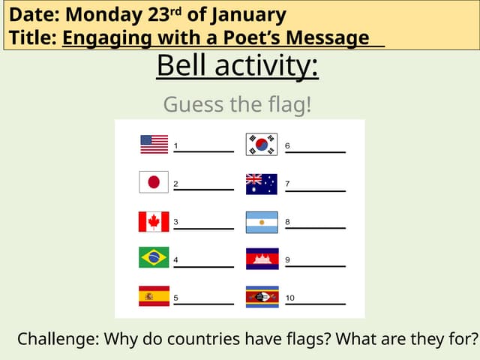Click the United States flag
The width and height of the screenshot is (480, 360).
(154, 144)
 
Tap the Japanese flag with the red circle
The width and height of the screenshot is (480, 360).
(154, 182)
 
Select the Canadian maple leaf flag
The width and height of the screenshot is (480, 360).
(154, 221)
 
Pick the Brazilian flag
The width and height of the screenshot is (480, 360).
(154, 258)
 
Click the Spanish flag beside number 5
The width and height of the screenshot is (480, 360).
(154, 296)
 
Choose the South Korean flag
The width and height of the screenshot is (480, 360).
(262, 144)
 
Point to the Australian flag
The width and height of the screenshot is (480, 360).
(262, 184)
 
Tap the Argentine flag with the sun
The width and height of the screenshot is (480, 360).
(262, 222)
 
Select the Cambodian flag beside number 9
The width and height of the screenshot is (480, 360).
(262, 259)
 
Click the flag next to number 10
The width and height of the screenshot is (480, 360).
(262, 296)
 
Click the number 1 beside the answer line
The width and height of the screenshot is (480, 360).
(175, 145)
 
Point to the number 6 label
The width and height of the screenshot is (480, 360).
(287, 145)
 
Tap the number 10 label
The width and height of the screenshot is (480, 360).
(289, 298)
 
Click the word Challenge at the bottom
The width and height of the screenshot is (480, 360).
(57, 339)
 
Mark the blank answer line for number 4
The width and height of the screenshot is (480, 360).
(203, 265)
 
